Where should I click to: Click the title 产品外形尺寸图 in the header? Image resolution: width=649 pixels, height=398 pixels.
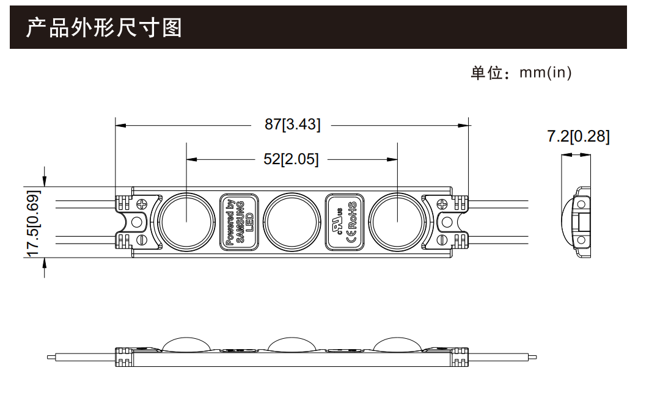(104, 28)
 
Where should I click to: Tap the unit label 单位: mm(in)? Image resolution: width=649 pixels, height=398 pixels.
(521, 73)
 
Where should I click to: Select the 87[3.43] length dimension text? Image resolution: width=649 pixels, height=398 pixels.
(292, 125)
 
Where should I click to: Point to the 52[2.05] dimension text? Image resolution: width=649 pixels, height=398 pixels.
(291, 159)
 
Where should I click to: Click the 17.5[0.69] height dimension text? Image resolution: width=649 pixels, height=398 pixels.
(33, 223)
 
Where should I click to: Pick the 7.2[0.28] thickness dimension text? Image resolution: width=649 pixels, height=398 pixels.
(578, 136)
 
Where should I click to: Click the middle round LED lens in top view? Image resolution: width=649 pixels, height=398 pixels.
(291, 222)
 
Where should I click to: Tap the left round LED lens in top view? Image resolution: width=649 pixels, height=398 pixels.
(186, 222)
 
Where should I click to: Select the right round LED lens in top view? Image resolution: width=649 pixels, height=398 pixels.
(397, 222)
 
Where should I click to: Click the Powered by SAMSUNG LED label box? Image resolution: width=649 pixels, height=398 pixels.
(239, 222)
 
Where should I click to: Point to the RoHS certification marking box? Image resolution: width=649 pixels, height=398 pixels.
(345, 222)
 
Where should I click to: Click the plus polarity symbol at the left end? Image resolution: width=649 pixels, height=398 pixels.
(142, 204)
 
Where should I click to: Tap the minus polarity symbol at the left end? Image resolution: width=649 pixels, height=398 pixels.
(142, 239)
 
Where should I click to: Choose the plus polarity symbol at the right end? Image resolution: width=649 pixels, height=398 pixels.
(442, 204)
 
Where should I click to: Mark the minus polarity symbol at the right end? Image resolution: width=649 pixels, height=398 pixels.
(442, 239)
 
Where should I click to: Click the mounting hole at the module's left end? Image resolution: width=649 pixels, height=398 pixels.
(137, 222)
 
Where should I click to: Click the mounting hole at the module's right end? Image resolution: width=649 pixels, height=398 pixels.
(447, 222)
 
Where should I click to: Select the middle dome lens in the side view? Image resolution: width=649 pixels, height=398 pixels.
(291, 344)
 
